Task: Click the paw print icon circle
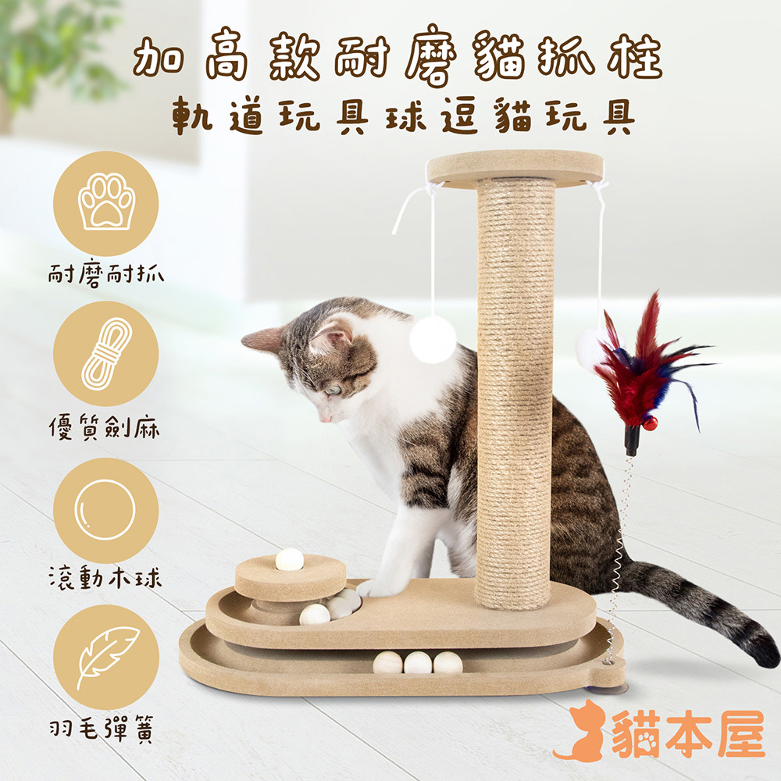point(106,204)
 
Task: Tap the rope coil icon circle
point(106,354)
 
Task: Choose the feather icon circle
point(106,658)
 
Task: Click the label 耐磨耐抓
point(106,275)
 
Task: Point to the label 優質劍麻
point(105,428)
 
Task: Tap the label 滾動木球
point(105,578)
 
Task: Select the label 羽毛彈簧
point(102,729)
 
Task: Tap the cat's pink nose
point(325,419)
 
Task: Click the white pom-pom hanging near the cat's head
point(433,339)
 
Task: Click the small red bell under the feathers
point(650,424)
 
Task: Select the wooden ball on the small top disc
point(290,560)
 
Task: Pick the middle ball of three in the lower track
point(418,663)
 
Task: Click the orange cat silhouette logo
point(583,732)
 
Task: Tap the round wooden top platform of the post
point(515,169)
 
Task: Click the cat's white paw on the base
point(375,588)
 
